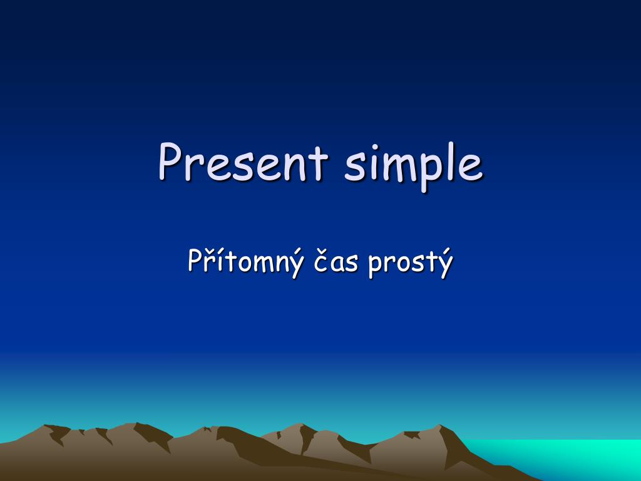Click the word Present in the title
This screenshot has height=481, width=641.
pos(244,162)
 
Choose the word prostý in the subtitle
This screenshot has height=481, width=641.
pos(411,263)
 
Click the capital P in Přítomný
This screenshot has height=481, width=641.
pos(195,260)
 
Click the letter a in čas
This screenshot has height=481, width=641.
pos(337,264)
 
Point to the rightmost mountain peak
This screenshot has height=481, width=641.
pos(439,425)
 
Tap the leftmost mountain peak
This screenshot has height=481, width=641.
pos(44,425)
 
